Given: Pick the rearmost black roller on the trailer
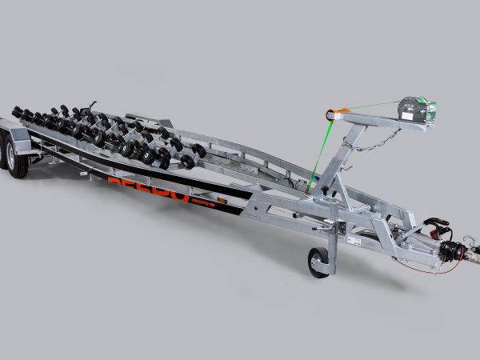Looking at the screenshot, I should coord(17,111).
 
